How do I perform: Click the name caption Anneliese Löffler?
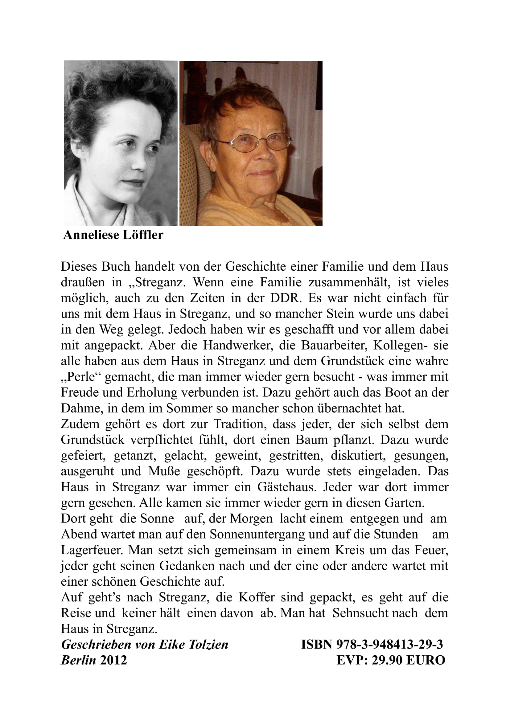113,235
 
